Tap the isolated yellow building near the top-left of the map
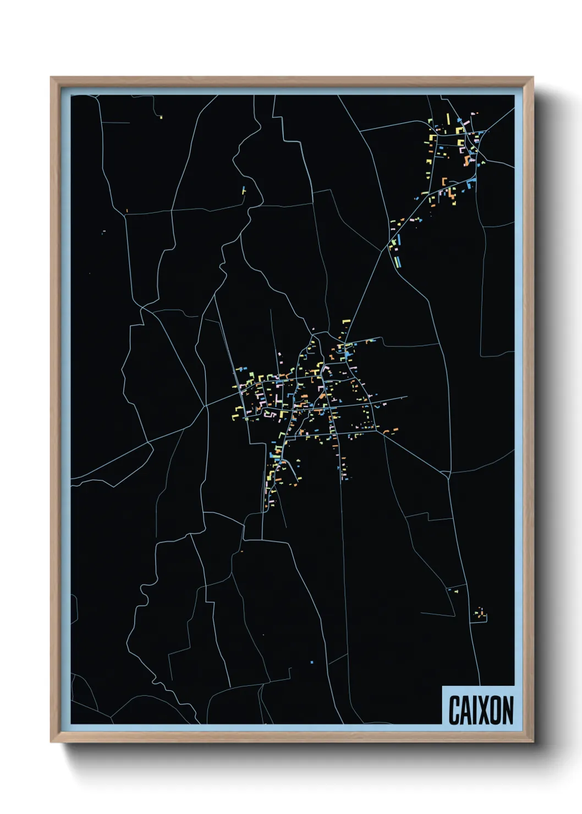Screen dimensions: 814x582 (161, 117)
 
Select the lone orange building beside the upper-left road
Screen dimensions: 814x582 (127, 210)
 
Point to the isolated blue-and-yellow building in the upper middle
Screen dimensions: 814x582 (244, 190)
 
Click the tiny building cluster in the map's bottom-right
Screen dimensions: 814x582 (481, 613)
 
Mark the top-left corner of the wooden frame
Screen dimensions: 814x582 (51, 78)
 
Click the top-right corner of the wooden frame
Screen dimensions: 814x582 (533, 78)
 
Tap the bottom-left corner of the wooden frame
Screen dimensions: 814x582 (51, 742)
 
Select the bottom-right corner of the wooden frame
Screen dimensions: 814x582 (533, 742)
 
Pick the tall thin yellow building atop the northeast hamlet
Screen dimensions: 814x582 (448, 119)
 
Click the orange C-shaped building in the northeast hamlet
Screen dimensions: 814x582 (444, 181)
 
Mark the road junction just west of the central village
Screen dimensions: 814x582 (205, 406)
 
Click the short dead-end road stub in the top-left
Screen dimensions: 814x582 (116, 122)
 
